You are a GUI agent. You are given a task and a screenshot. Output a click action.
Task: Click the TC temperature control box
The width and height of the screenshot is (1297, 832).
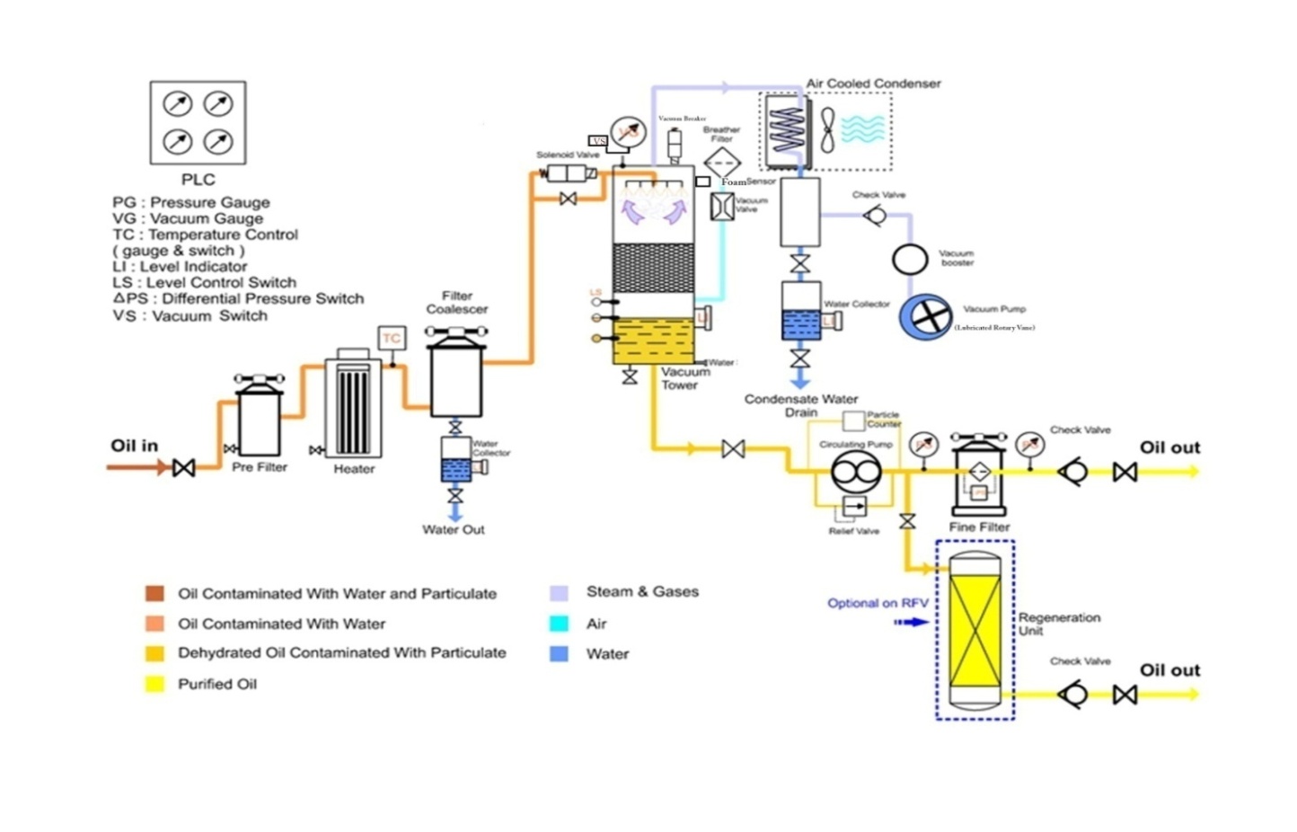[x=392, y=338]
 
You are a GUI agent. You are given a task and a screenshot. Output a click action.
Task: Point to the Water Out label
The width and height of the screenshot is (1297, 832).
[x=453, y=529]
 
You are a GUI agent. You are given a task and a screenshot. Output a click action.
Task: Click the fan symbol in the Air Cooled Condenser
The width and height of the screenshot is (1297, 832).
[x=827, y=129]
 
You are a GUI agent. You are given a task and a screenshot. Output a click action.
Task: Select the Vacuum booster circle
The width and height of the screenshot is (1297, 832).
[x=909, y=259]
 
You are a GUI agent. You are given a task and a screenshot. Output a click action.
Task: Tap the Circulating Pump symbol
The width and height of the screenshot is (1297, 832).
[x=855, y=471]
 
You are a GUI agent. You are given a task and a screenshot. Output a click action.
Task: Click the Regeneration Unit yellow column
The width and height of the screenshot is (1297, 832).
[x=975, y=630]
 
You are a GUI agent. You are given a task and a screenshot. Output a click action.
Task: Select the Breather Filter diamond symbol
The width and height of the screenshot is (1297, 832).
[x=721, y=164]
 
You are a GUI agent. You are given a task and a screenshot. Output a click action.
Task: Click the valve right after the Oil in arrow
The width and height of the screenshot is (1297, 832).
[x=183, y=467]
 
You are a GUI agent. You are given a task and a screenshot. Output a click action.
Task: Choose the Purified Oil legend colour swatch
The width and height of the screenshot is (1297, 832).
[x=154, y=684]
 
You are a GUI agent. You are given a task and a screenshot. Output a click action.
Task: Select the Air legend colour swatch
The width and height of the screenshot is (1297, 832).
[x=559, y=624]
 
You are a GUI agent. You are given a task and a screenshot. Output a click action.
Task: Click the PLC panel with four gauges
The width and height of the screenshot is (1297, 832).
[x=198, y=122]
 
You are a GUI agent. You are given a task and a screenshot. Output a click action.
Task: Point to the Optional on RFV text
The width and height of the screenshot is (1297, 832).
[x=878, y=603]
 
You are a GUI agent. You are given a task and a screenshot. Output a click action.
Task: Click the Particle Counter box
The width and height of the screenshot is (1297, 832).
[x=853, y=420]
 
